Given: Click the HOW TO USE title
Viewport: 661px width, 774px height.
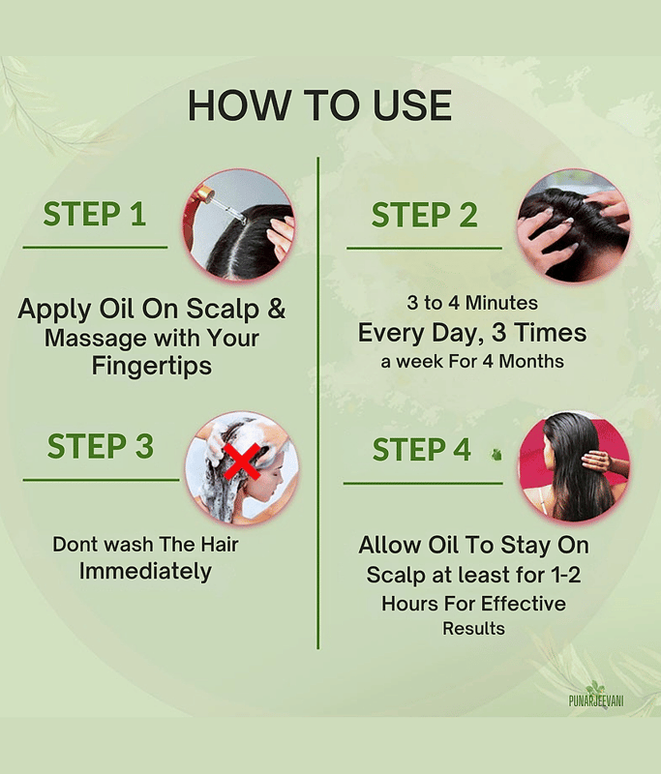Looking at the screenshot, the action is tap(319, 105).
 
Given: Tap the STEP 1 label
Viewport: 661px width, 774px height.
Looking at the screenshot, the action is tap(94, 214).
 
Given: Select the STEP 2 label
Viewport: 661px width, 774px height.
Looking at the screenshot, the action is tap(425, 215).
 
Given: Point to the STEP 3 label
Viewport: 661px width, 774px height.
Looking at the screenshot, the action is tap(101, 446).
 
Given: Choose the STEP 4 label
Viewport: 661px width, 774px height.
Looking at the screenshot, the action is tap(422, 449).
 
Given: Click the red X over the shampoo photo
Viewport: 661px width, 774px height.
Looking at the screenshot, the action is tap(242, 461).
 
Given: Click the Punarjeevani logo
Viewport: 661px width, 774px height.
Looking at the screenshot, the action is tap(596, 695).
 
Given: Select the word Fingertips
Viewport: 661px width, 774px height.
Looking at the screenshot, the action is tap(152, 367).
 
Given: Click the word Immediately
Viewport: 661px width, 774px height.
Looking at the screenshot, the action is tap(145, 572).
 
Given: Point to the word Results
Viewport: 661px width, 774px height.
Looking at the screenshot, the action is tap(473, 628).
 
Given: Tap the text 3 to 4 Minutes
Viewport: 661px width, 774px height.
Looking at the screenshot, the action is tap(472, 303).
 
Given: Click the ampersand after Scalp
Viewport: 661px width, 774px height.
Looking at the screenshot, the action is tap(277, 308).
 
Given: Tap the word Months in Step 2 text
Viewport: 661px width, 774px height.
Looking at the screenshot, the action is tap(531, 361).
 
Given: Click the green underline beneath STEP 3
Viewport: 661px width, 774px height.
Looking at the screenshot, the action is tap(102, 479).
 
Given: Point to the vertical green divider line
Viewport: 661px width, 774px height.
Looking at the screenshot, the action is tap(317, 402).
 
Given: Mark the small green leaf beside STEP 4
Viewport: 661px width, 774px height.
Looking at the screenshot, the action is tap(496, 454).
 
